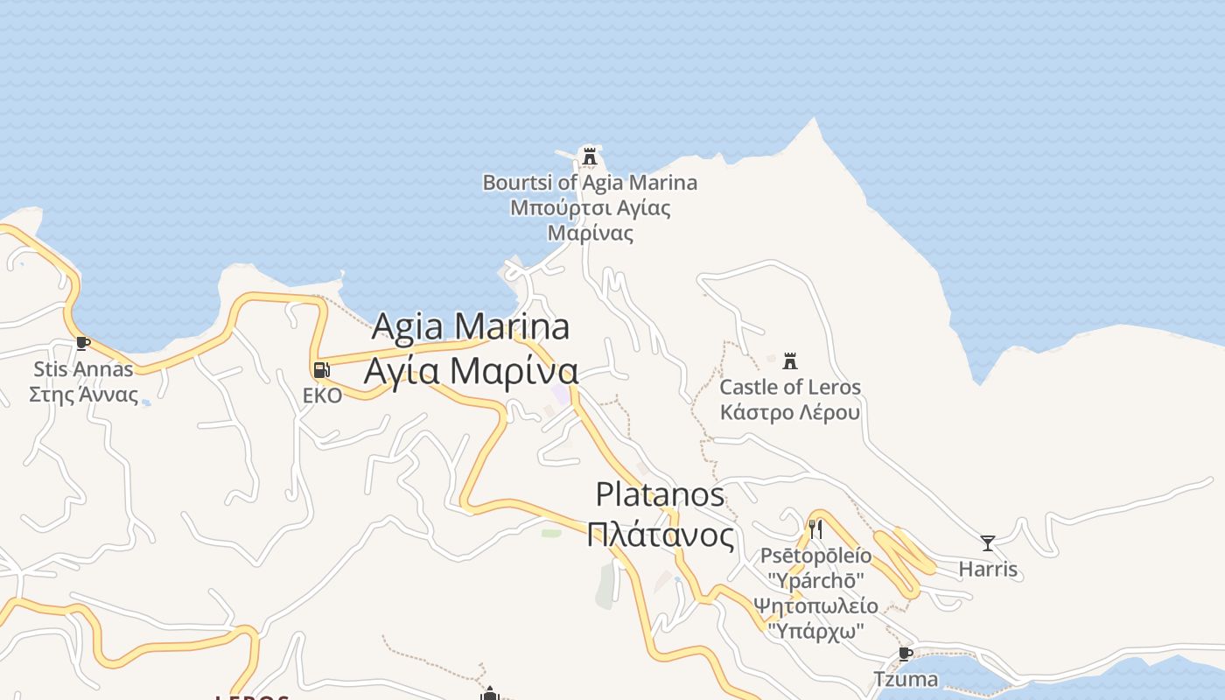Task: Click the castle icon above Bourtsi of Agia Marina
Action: pos(590,156)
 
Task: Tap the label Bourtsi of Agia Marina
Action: pos(590,183)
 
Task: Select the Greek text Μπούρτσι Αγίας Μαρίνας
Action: pos(590,220)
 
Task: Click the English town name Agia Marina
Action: pos(471,327)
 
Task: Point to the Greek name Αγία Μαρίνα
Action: pos(471,370)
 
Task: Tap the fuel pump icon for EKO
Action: pos(322,370)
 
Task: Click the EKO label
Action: pos(322,395)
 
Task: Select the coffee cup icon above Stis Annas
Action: pos(83,343)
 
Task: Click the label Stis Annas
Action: pos(83,368)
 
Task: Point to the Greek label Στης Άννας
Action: pos(83,394)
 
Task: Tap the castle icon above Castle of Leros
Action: pos(790,360)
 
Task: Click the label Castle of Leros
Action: pos(790,387)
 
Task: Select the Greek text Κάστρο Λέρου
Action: pos(790,412)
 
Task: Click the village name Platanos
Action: pos(660,494)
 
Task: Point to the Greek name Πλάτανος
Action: pos(660,535)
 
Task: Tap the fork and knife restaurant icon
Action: pos(815,528)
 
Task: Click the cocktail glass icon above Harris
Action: pos(988,543)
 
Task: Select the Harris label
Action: pos(988,570)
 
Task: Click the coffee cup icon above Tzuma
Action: pos(906,654)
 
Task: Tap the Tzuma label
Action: pos(906,679)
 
